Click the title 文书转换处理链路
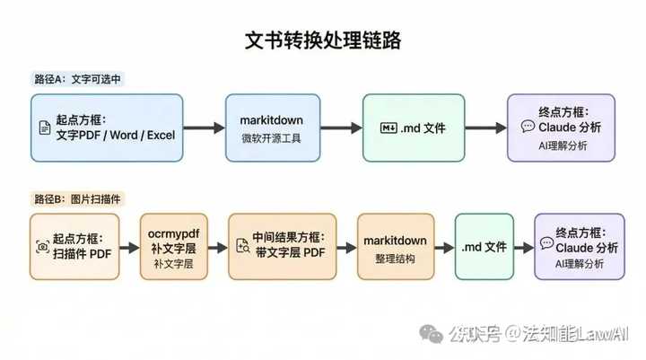(x=323, y=41)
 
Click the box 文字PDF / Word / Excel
(x=104, y=127)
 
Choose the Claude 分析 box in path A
(x=559, y=127)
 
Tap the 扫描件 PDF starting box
(x=74, y=246)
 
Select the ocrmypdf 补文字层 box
(x=173, y=246)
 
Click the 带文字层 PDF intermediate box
(x=282, y=246)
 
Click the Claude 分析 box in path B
(x=579, y=246)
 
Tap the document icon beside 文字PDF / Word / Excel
(x=44, y=128)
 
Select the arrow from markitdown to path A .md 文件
(x=341, y=128)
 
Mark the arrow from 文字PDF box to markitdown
(x=202, y=128)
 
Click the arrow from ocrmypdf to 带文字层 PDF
(x=218, y=246)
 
